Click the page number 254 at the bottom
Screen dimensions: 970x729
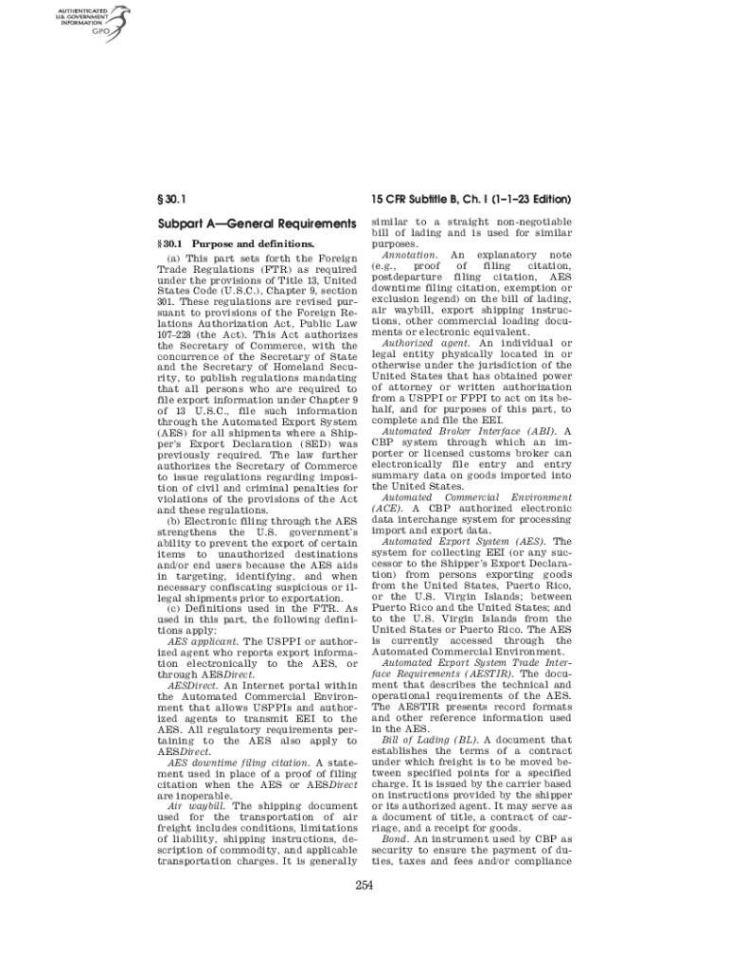pyautogui.click(x=364, y=886)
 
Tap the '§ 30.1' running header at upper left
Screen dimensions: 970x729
pyautogui.click(x=170, y=200)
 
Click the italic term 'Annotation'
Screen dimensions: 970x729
pyautogui.click(x=409, y=255)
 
